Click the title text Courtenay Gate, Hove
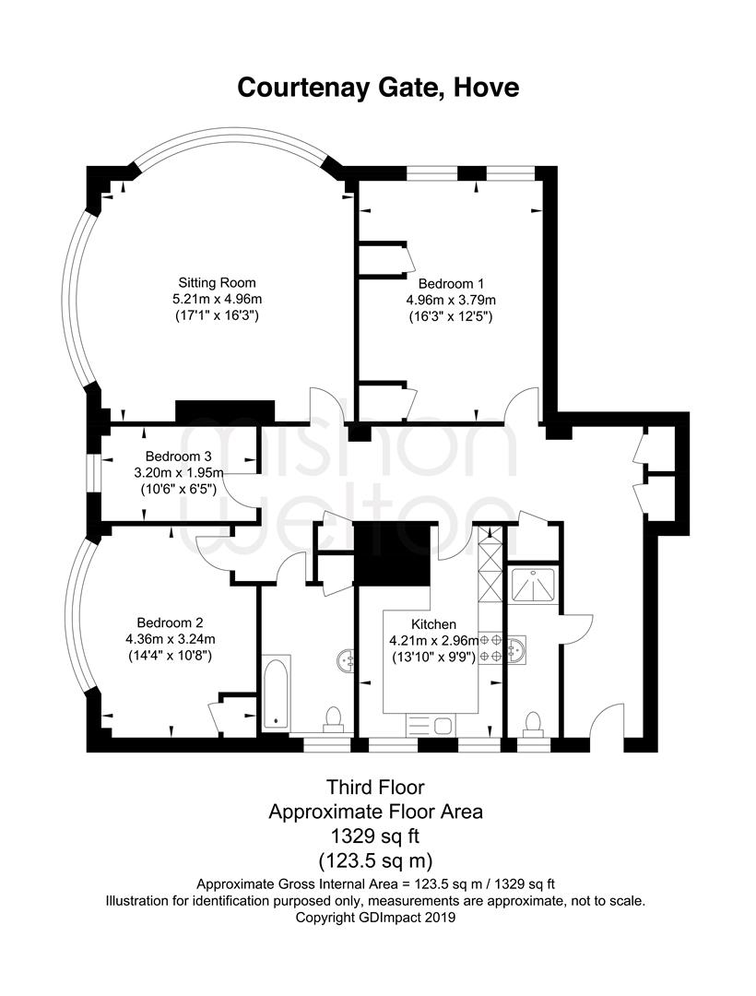pos(378,88)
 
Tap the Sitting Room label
pos(217,282)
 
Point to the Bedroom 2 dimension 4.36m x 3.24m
pos(171,638)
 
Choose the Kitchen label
pos(433,623)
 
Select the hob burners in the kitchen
pos(490,647)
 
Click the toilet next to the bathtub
pos(334,717)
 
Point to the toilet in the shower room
pos(532,721)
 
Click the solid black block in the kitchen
pos(393,553)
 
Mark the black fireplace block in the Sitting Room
pos(225,412)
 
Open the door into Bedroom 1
pos(523,406)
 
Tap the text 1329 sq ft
pos(375,836)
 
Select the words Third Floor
pos(375,788)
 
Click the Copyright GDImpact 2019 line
pos(375,918)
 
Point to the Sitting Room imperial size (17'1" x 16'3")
pos(217,315)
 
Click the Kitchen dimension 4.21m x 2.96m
pos(433,640)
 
